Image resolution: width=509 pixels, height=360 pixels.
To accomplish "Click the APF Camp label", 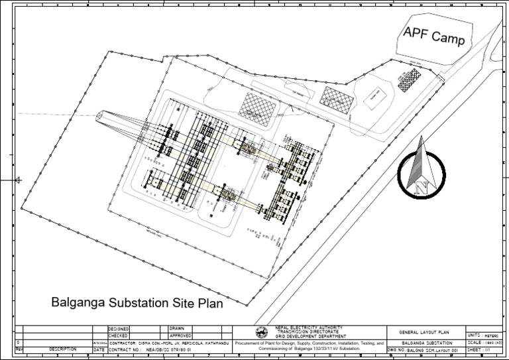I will coord(434,36).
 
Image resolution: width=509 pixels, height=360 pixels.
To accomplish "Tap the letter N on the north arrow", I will coord(420,188).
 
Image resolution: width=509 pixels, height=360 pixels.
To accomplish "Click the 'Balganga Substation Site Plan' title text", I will coord(137,303).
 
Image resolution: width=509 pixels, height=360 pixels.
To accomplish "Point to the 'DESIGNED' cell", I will coord(119,328).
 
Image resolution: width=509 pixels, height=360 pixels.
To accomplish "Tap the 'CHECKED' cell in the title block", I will coord(119,335).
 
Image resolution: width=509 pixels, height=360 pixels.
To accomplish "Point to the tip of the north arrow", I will coord(420,138).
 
